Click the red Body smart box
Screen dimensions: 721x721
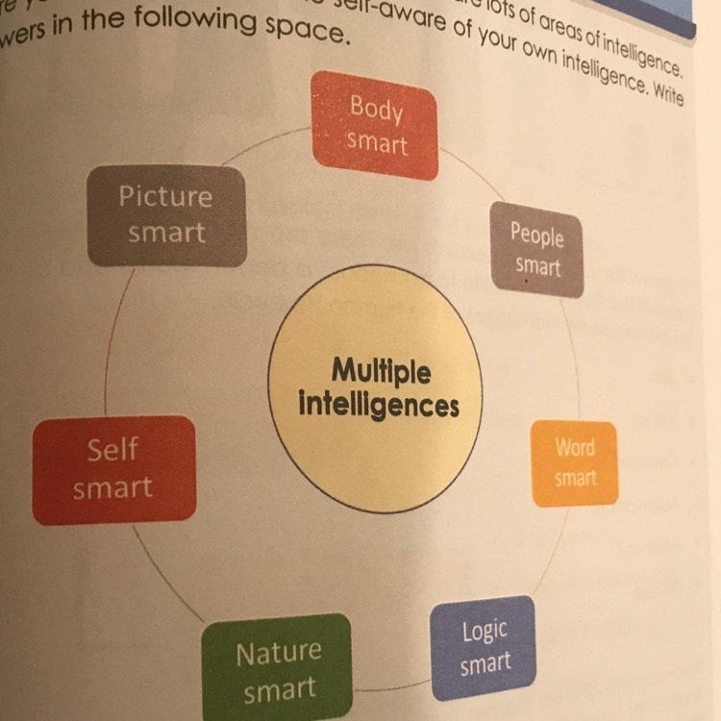coord(376,125)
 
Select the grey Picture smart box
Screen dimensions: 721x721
coord(166,215)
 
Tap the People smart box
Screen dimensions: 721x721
coord(537,249)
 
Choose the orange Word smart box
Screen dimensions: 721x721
coord(575,463)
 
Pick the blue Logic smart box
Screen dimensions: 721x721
coord(484,648)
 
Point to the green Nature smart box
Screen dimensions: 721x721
coord(277,670)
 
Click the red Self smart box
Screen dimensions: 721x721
coord(113,469)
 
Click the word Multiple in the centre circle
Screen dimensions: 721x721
coord(382,370)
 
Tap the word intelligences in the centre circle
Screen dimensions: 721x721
coord(379,404)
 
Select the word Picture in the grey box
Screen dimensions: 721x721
coord(165,196)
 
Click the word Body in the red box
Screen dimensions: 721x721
coord(376,107)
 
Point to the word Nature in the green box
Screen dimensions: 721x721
coord(278,654)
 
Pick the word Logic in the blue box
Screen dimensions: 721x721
coord(485,632)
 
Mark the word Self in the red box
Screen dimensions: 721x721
coord(112,449)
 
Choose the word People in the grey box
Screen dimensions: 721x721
coord(537,233)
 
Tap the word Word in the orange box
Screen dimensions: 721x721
coord(575,448)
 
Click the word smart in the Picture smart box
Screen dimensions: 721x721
coord(166,233)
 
